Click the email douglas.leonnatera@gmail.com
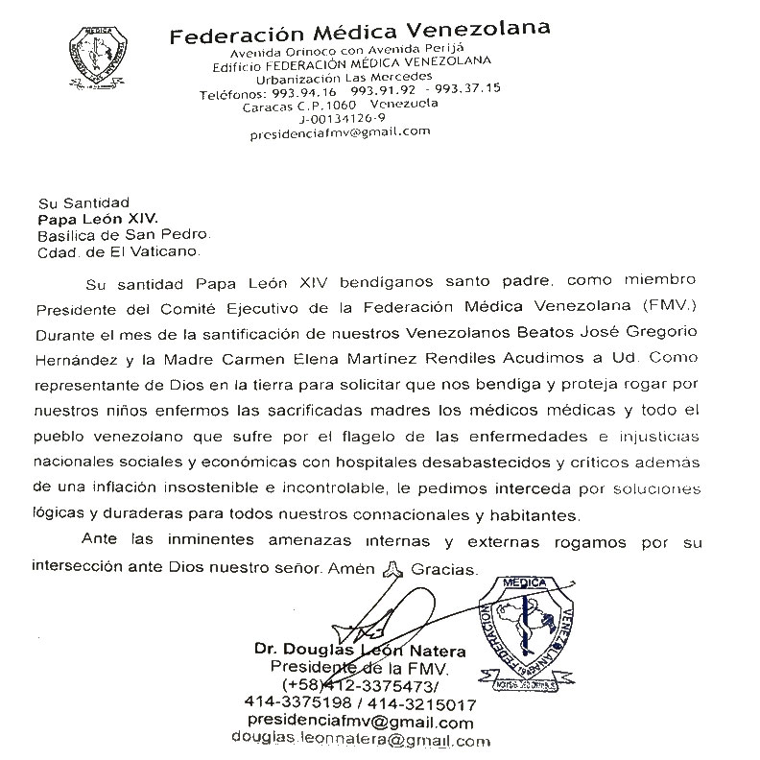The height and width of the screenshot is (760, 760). [x=360, y=740]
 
